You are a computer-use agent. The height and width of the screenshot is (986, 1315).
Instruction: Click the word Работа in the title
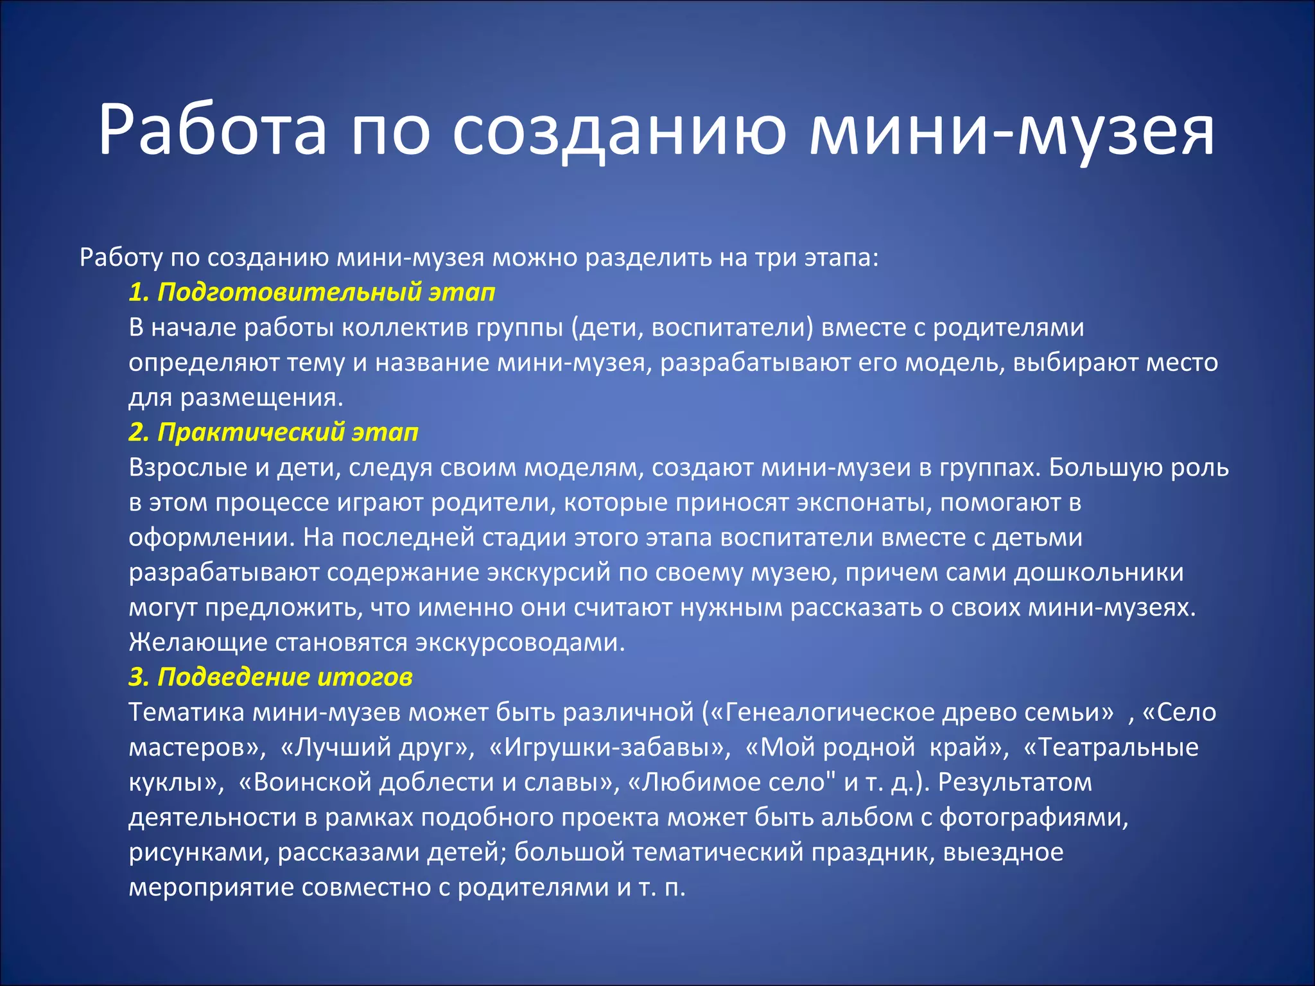[x=213, y=130]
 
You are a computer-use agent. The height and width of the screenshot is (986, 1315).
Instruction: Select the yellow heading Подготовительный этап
[x=312, y=292]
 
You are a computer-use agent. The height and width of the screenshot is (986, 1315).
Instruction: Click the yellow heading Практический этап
[x=274, y=432]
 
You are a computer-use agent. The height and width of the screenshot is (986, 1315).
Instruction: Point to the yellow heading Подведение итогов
[x=270, y=677]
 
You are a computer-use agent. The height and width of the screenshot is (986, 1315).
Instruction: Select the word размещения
[x=261, y=397]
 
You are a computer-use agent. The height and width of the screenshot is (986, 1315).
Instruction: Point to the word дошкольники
[x=1099, y=573]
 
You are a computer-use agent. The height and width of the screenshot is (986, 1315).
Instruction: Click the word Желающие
[x=198, y=643]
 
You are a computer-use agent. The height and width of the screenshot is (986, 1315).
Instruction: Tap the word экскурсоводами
[x=520, y=643]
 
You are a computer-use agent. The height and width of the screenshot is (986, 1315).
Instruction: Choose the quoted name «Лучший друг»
[x=378, y=747]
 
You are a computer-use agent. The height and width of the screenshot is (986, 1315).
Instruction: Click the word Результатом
[x=1015, y=783]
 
